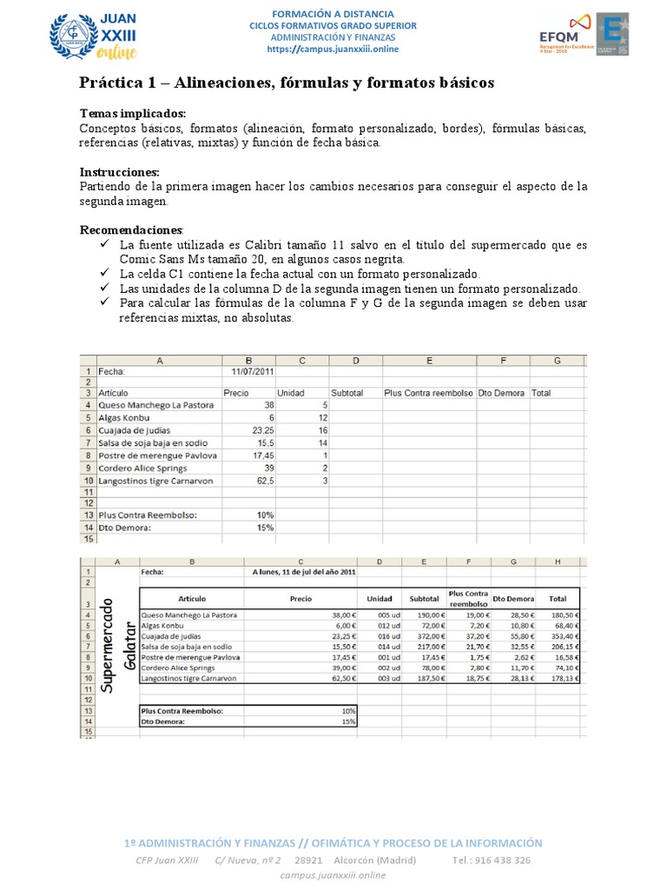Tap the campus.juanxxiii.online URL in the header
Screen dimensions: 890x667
tap(333, 50)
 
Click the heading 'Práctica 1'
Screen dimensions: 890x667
tap(287, 83)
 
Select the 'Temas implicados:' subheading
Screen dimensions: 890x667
tap(132, 115)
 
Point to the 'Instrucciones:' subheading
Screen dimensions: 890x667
tap(120, 172)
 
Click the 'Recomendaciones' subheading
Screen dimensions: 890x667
tap(131, 229)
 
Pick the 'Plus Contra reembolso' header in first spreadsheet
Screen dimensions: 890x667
tap(428, 393)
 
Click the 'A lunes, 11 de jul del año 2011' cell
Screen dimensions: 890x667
tap(302, 572)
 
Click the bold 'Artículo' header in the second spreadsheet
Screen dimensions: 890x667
tap(191, 598)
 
